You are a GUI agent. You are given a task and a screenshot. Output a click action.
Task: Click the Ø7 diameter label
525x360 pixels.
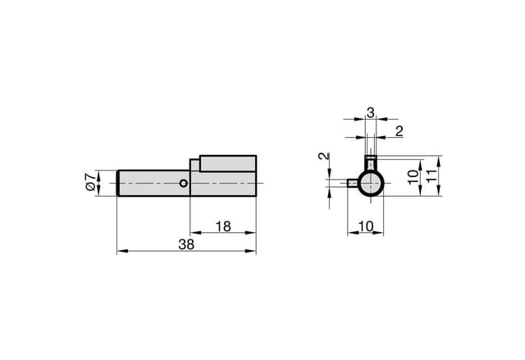[x=90, y=182]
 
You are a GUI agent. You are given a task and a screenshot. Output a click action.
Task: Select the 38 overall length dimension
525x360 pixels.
[x=186, y=244]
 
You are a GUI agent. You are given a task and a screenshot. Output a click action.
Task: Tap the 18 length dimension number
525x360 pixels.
[x=223, y=226]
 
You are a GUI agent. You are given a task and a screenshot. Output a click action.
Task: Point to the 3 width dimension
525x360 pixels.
[x=370, y=112]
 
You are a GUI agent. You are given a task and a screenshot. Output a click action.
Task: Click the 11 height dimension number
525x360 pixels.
[x=431, y=175]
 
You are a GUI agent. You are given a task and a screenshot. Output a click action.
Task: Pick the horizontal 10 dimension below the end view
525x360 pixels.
[x=366, y=226]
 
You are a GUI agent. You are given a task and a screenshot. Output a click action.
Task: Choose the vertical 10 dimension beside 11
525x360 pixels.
[x=413, y=176]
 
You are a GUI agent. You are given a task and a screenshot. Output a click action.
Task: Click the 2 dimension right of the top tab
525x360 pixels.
[x=399, y=131]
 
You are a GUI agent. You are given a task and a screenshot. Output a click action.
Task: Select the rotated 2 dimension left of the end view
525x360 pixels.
[x=323, y=157]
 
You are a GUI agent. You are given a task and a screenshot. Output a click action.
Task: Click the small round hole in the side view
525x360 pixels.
[x=183, y=183]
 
